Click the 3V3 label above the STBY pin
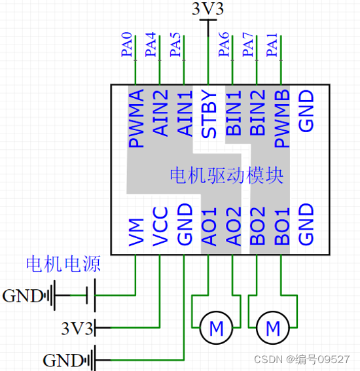[x=207, y=9]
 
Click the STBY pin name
[x=209, y=114]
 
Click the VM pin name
[x=136, y=232]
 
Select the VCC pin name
[x=160, y=226]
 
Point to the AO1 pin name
[x=209, y=226]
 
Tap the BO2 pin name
[x=257, y=226]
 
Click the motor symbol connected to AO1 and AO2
[x=215, y=325]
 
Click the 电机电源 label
[x=63, y=264]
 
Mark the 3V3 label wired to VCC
[x=77, y=326]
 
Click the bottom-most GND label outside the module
[x=63, y=359]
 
